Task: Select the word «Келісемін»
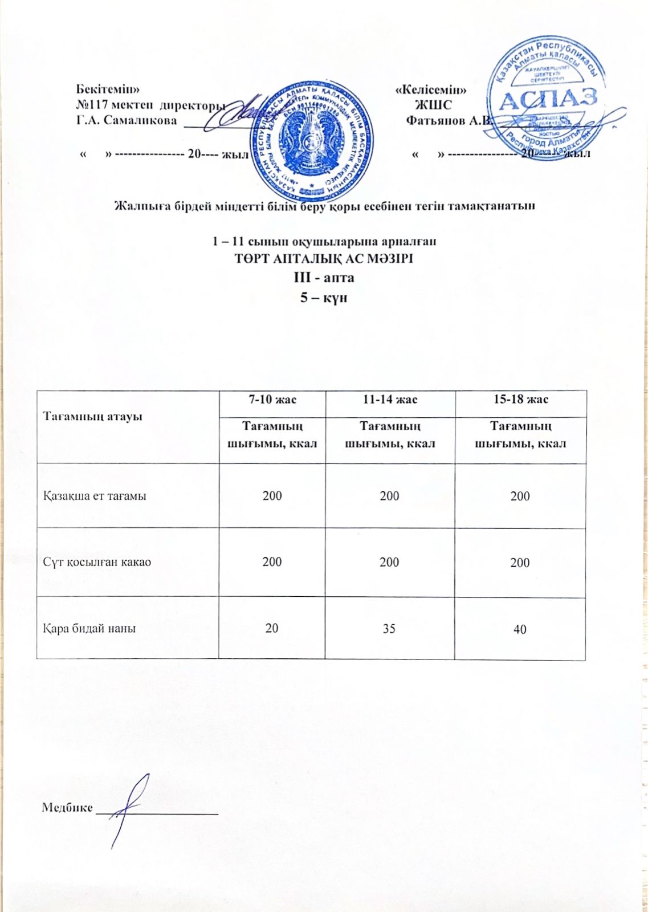point(431,90)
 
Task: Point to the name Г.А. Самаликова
point(127,121)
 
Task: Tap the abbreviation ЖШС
point(434,105)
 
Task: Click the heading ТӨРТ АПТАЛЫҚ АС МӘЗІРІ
point(324,258)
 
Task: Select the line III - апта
point(324,278)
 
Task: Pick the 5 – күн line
point(324,298)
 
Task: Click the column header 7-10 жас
point(272,400)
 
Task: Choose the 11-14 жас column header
point(390,400)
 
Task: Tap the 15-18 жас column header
point(520,400)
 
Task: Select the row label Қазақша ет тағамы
point(95,496)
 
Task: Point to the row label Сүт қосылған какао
point(97,562)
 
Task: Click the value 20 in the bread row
point(272,628)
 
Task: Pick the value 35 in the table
point(389,629)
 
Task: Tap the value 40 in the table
point(520,629)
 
